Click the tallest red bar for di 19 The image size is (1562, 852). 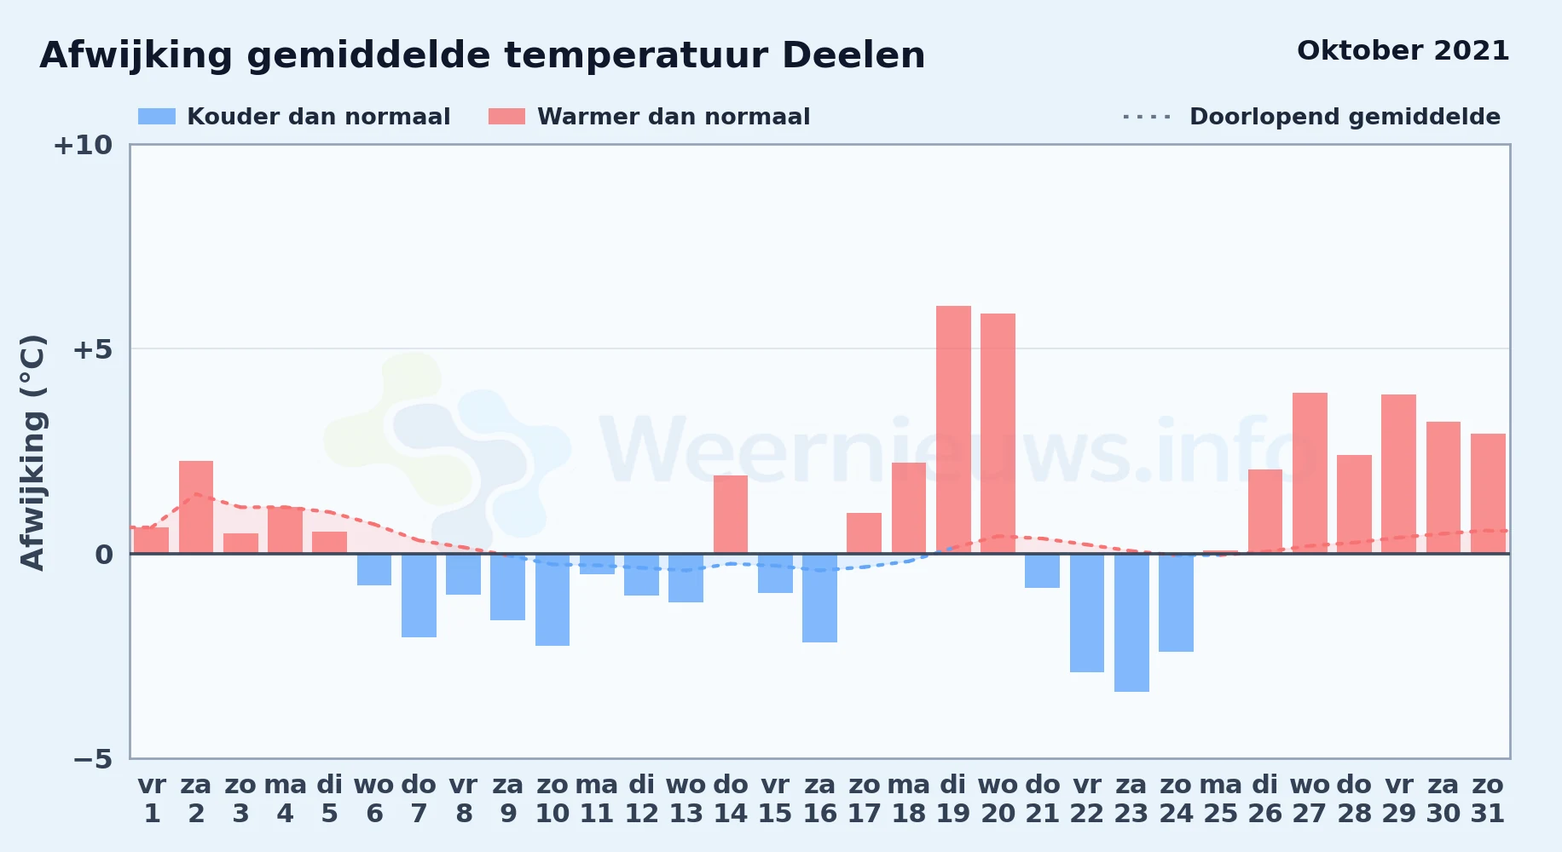(x=953, y=429)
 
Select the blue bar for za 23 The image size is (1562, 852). (x=1131, y=623)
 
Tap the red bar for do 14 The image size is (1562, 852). (x=731, y=515)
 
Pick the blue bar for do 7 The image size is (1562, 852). (x=419, y=596)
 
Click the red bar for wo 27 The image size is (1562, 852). (x=1310, y=473)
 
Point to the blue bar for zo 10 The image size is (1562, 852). (x=552, y=600)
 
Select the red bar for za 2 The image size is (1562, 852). (x=196, y=507)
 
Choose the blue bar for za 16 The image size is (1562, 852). (x=819, y=598)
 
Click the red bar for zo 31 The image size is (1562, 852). (x=1488, y=493)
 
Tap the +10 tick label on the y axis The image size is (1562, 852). (x=83, y=145)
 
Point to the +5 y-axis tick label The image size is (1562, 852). (x=92, y=349)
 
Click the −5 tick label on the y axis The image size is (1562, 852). (x=92, y=758)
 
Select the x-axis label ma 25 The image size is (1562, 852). (x=1221, y=799)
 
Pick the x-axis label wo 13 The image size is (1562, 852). (x=686, y=799)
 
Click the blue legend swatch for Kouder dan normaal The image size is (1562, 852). (x=157, y=117)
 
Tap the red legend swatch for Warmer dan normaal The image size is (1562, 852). (x=506, y=117)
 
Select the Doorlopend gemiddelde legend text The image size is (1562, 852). (x=1345, y=117)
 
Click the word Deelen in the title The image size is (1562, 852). (x=853, y=55)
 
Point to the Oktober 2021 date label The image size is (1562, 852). (x=1403, y=50)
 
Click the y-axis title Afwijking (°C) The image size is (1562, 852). (x=32, y=452)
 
